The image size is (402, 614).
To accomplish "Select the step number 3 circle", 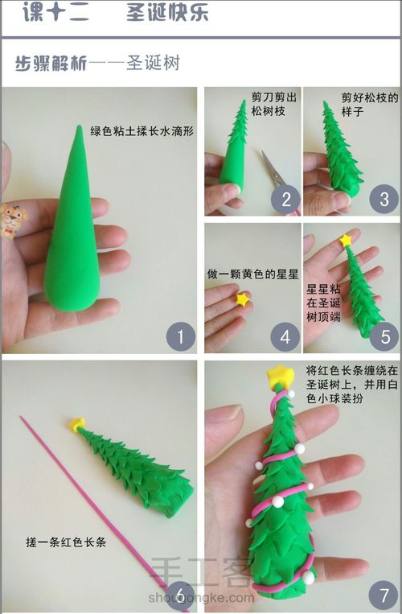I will click(384, 199).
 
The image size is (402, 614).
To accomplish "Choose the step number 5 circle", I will click(384, 337).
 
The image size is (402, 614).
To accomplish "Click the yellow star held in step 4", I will click(241, 300).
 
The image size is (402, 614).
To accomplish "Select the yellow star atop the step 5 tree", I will click(347, 240).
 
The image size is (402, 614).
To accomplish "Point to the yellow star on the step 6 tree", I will click(78, 424).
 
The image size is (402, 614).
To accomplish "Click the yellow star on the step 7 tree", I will click(279, 374).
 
